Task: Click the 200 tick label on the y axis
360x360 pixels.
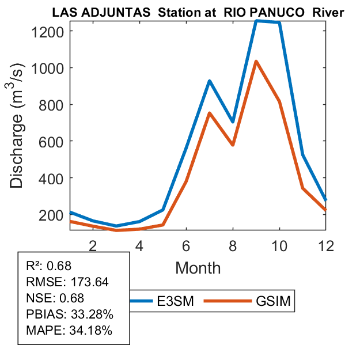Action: click(52, 214)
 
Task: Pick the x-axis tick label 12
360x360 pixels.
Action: click(325, 247)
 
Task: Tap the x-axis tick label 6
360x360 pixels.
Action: click(186, 247)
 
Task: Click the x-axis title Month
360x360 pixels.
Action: click(198, 267)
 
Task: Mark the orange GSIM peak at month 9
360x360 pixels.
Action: click(256, 61)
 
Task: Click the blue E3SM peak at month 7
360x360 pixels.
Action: click(210, 81)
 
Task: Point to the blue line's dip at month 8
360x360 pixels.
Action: click(233, 122)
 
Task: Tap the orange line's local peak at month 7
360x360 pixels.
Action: click(210, 113)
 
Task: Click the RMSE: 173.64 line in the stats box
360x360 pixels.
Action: click(67, 282)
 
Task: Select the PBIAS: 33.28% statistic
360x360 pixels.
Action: click(70, 314)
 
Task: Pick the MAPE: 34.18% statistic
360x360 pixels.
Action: click(69, 331)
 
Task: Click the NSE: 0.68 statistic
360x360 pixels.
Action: click(55, 298)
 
